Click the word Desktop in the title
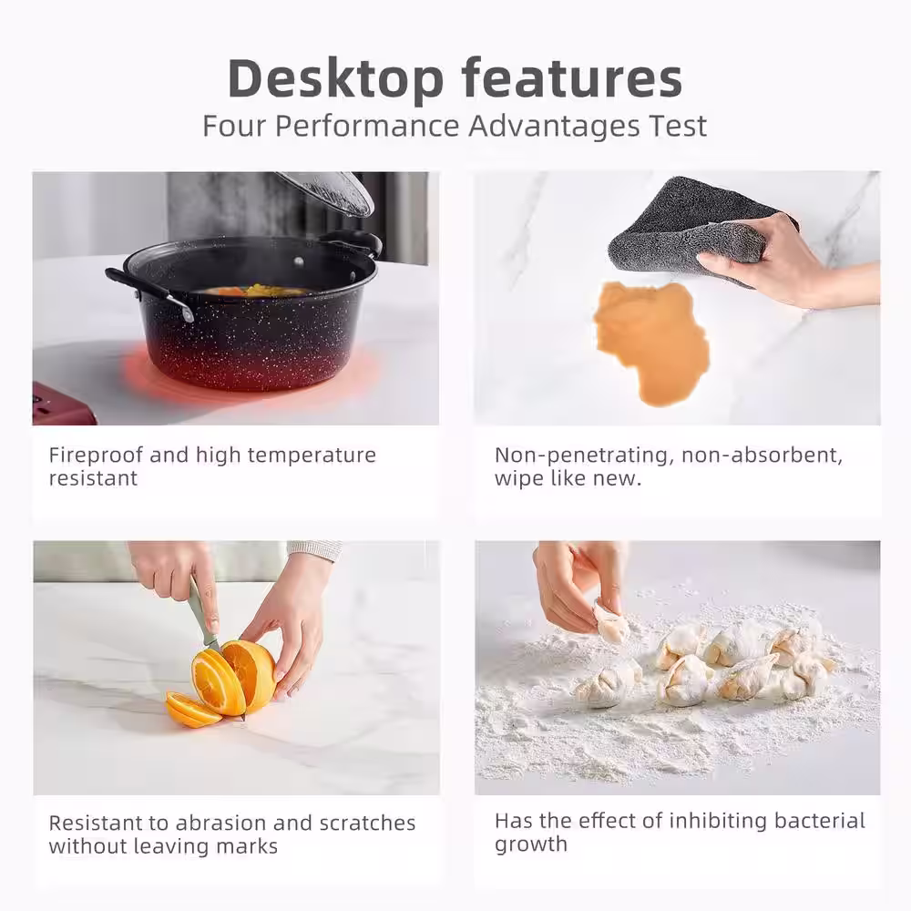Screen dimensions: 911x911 coord(336,79)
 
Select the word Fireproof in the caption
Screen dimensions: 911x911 coord(96,455)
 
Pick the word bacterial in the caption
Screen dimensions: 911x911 coord(820,821)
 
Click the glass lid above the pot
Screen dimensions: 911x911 coord(325,192)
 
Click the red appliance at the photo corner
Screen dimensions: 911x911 coord(63,404)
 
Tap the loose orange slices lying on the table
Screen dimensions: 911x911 coord(189,708)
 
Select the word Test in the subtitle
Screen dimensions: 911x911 coord(678,126)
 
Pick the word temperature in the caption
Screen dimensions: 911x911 coord(312,455)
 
